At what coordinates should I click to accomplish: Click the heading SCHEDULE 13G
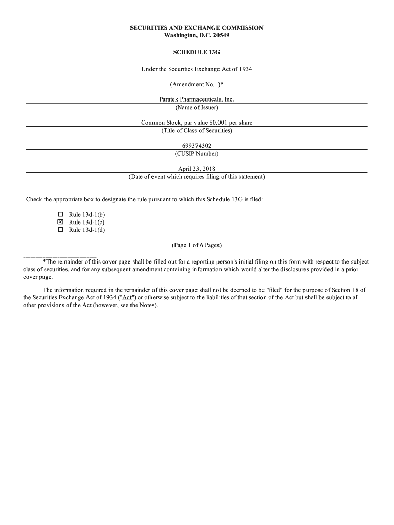196,52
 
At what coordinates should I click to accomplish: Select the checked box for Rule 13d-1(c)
60,222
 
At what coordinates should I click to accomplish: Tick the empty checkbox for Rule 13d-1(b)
60,214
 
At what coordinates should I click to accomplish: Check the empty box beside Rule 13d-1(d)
60,230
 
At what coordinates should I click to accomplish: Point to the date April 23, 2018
196,169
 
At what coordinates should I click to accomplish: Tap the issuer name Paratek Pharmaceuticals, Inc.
196,99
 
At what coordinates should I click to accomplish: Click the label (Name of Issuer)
196,107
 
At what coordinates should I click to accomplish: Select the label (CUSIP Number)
196,154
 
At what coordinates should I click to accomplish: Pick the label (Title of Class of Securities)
196,130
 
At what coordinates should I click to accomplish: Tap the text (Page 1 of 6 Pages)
196,245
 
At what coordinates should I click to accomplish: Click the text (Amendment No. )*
196,84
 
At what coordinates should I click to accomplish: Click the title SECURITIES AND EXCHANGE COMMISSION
196,28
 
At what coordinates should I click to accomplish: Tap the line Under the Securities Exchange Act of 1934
196,69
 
